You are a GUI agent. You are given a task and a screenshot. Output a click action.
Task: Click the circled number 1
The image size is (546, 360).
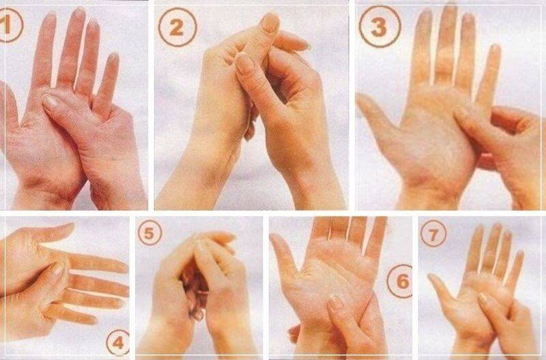(x=10, y=25)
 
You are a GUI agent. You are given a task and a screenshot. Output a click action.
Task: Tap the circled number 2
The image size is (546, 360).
(x=177, y=27)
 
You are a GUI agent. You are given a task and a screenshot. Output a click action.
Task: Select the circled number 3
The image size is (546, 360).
(x=379, y=27)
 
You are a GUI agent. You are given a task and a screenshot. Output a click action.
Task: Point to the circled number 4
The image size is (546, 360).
(x=118, y=342)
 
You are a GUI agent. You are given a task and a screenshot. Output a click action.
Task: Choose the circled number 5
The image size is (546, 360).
(x=149, y=233)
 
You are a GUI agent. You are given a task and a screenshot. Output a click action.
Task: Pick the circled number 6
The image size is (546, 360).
(x=401, y=281)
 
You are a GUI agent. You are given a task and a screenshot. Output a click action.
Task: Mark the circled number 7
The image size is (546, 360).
(x=433, y=234)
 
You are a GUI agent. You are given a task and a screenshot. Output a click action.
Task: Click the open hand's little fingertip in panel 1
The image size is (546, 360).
(x=114, y=57)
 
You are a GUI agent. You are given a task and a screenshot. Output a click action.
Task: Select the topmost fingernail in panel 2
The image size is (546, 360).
(x=270, y=23)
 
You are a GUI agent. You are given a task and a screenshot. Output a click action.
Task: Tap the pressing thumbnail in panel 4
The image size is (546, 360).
(x=57, y=270)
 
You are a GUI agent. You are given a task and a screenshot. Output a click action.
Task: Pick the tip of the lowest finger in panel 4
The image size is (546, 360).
(x=91, y=319)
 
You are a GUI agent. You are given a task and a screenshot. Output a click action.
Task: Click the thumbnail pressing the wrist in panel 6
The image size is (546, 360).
(x=336, y=303)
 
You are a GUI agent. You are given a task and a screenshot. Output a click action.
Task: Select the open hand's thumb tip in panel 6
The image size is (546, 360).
(x=275, y=238)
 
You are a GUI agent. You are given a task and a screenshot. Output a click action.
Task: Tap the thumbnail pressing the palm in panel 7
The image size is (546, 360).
(x=483, y=297)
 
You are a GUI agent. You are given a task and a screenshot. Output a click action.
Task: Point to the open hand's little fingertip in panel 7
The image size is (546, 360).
(x=520, y=254)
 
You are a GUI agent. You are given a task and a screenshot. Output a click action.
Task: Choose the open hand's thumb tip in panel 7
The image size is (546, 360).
(x=432, y=277)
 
